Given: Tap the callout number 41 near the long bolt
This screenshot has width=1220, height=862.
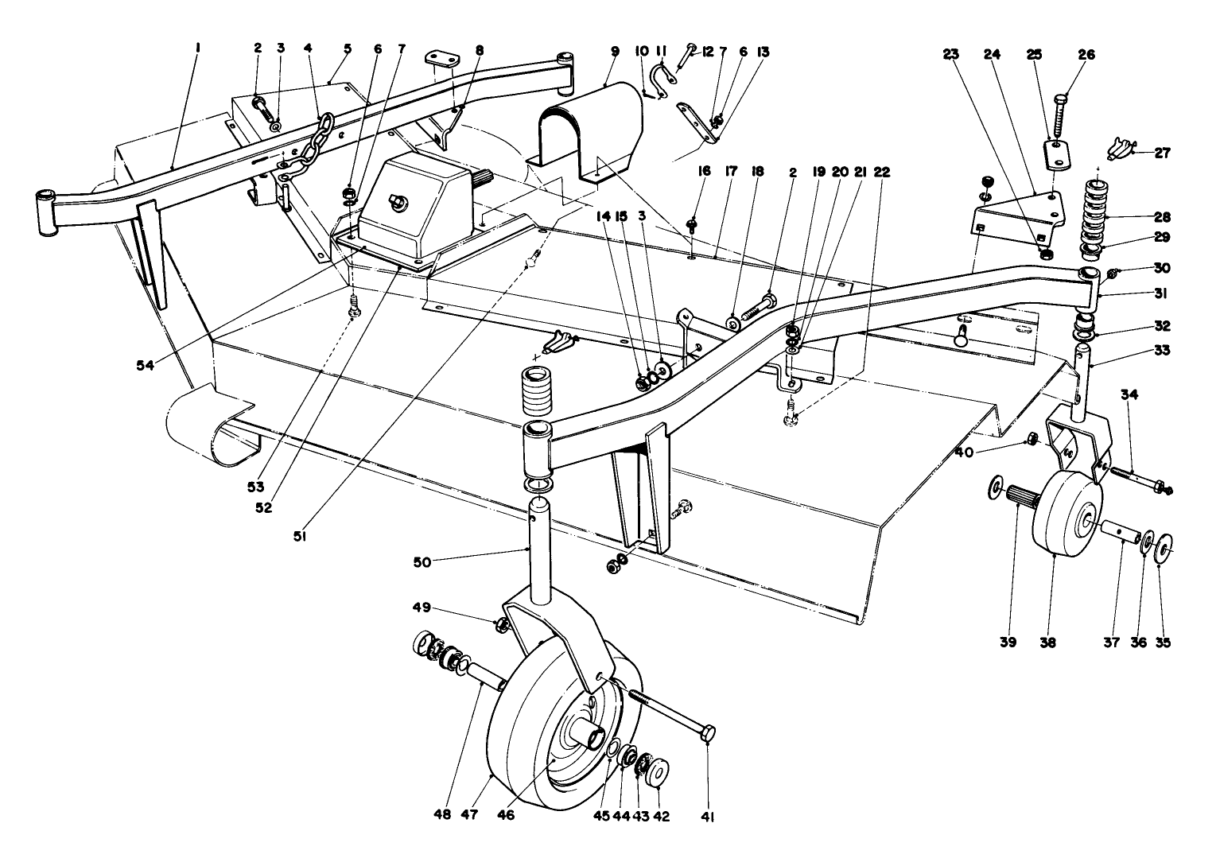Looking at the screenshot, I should click(707, 816).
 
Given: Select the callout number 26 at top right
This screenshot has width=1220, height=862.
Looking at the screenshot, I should click(1086, 55).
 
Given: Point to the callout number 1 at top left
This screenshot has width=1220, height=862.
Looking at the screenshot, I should click(198, 48).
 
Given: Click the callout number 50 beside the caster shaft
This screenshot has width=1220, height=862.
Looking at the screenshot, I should click(422, 561).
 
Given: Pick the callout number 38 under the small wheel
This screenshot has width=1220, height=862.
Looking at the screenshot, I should click(1047, 643).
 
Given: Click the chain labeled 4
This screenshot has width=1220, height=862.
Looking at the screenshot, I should click(303, 150).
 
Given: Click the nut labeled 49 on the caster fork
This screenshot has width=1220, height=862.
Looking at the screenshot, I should click(501, 625).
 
